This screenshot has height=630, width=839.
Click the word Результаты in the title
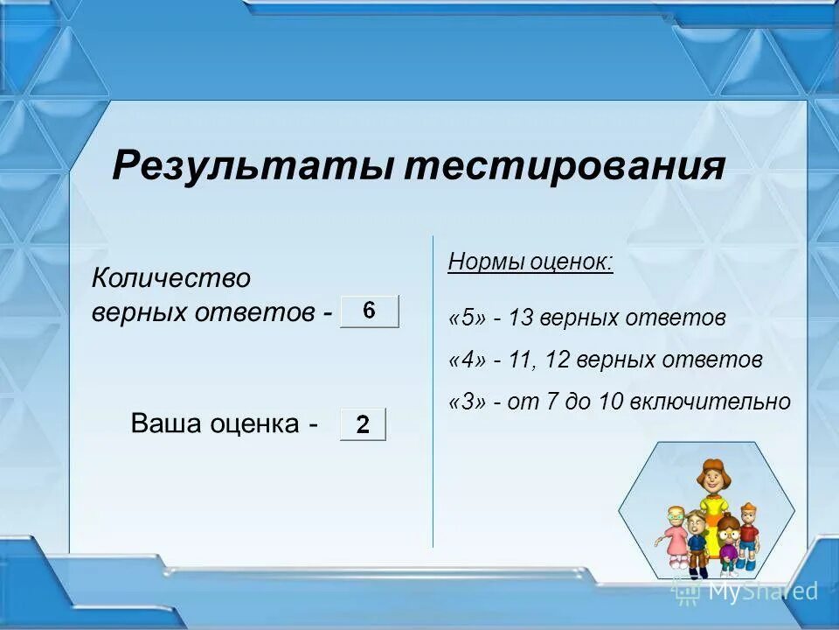pyautogui.click(x=253, y=166)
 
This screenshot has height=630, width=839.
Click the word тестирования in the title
pyautogui.click(x=565, y=166)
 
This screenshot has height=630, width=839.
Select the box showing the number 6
pyautogui.click(x=369, y=311)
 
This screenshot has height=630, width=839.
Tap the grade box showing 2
pyautogui.click(x=363, y=424)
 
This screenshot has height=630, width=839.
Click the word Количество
pyautogui.click(x=171, y=278)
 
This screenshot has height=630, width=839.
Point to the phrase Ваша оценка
pyautogui.click(x=215, y=424)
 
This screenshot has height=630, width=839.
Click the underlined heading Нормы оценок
pyautogui.click(x=530, y=262)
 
